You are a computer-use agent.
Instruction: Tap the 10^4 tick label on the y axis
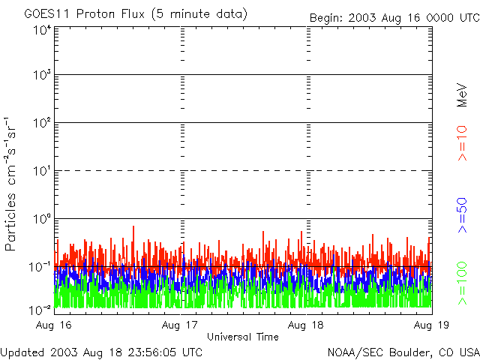pyautogui.click(x=41, y=30)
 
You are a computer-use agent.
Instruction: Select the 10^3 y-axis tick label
pyautogui.click(x=41, y=76)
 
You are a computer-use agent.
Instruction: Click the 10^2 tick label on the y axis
pyautogui.click(x=41, y=123)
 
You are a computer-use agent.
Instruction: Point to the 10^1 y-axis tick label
pyautogui.click(x=41, y=171)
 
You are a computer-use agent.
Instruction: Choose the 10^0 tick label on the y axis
pyautogui.click(x=41, y=219)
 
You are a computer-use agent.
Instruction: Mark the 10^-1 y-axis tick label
pyautogui.click(x=40, y=266)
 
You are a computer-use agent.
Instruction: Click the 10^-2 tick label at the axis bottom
pyautogui.click(x=40, y=309)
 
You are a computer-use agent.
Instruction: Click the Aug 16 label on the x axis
pyautogui.click(x=54, y=325)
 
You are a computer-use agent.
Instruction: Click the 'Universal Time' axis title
pyautogui.click(x=243, y=337)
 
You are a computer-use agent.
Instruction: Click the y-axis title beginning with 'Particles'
pyautogui.click(x=12, y=183)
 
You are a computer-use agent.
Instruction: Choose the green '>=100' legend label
pyautogui.click(x=462, y=280)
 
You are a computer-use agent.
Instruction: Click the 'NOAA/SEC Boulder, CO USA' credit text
pyautogui.click(x=403, y=352)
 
